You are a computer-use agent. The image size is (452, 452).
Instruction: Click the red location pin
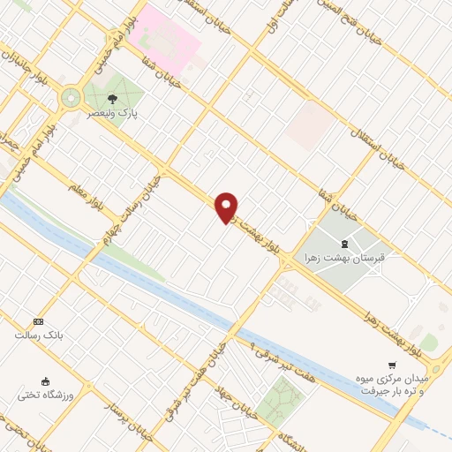pos(227,207)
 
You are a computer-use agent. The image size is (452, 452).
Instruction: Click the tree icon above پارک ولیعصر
pos(112,100)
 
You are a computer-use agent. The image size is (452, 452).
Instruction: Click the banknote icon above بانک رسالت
pos(38,322)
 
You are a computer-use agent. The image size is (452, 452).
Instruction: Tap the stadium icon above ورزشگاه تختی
pos(45,381)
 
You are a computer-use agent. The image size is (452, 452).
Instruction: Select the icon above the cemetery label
pos(344,244)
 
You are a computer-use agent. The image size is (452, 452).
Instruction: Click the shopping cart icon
pos(392,365)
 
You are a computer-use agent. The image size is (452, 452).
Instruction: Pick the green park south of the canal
pos(282,403)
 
